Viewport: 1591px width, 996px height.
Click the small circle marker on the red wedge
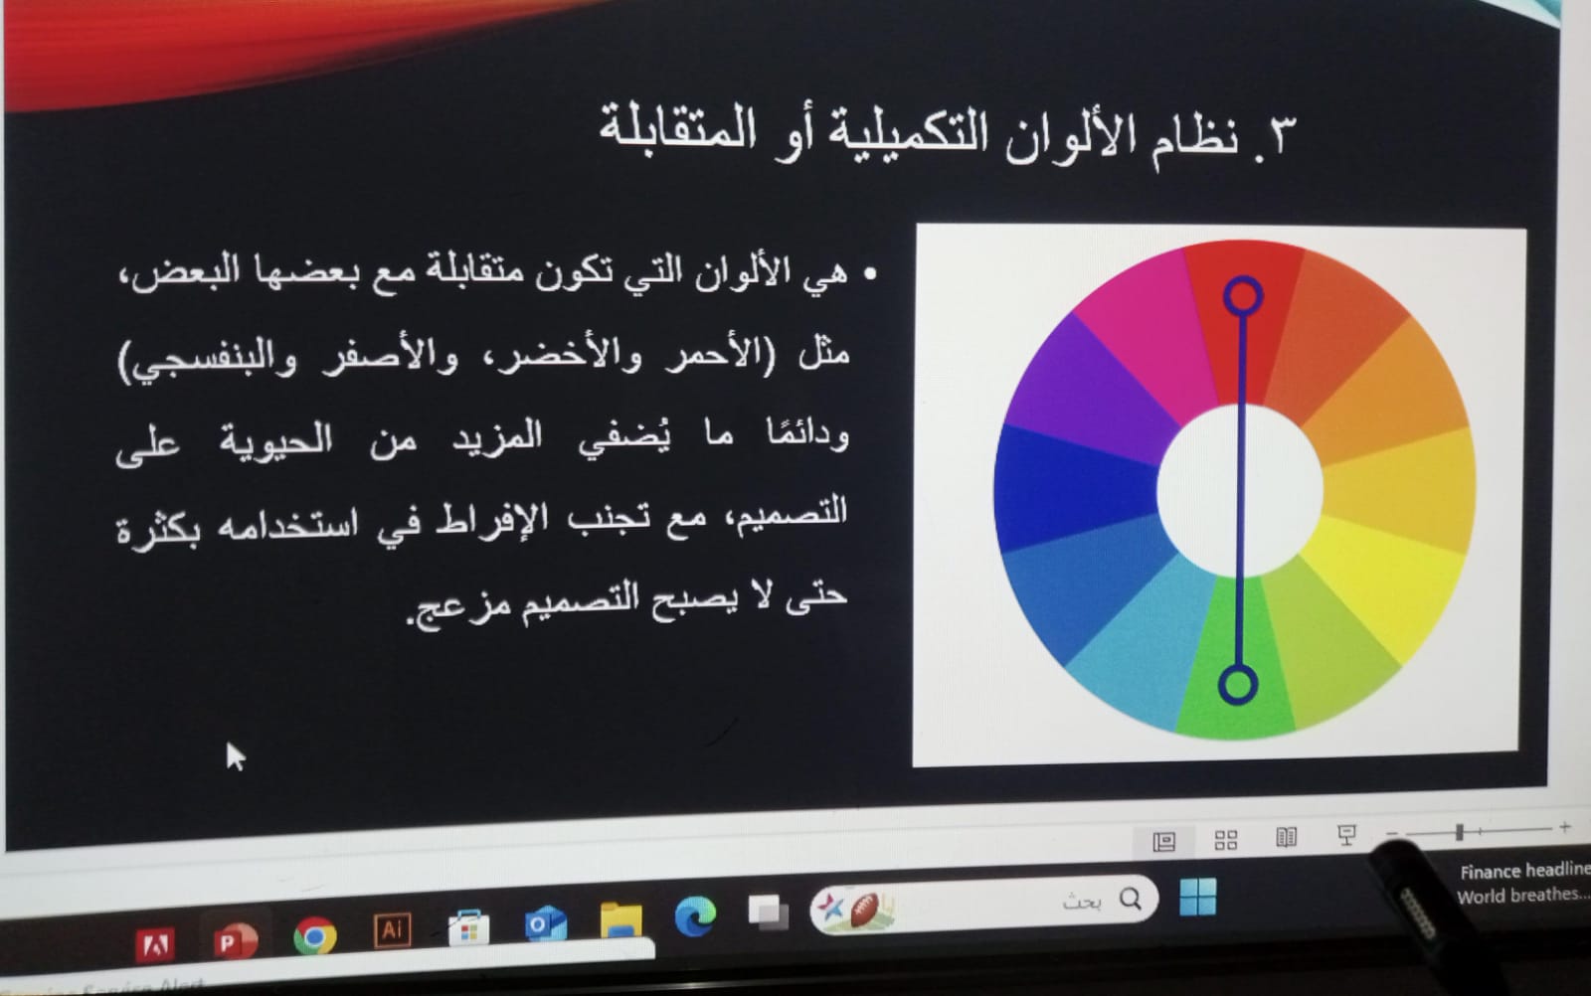(1242, 295)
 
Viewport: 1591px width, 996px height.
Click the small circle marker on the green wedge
(1238, 684)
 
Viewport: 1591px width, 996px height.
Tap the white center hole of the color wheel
(1240, 490)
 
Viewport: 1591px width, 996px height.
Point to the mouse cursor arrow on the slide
(235, 756)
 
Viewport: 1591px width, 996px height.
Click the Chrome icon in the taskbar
(314, 936)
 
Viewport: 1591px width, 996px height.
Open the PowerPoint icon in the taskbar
(234, 940)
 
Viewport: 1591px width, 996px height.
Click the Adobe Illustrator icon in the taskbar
(393, 930)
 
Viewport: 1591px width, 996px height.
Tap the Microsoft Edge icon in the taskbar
(695, 916)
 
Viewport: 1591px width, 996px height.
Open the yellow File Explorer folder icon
(620, 920)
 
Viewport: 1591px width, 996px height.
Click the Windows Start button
(1197, 897)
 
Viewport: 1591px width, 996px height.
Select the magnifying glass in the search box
(1131, 899)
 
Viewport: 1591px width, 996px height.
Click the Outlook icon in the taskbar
(545, 923)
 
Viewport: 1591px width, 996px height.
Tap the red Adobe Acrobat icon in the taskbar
(155, 945)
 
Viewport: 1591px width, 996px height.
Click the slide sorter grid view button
(1226, 840)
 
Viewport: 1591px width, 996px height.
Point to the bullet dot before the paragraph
(871, 273)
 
